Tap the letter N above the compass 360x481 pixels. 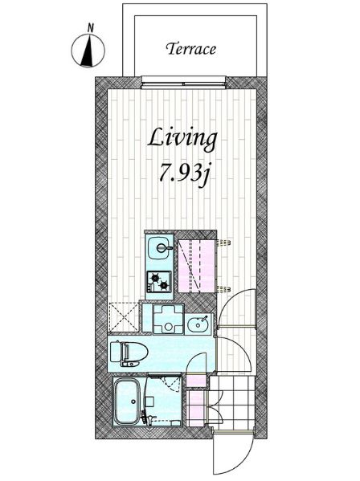(90, 28)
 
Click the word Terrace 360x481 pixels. (191, 49)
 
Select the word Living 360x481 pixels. (182, 139)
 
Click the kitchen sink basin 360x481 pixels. (160, 248)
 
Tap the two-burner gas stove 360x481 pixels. (158, 282)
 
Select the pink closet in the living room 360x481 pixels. (196, 267)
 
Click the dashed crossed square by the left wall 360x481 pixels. (124, 316)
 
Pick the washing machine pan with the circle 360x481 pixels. (168, 319)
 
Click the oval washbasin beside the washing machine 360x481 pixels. (198, 324)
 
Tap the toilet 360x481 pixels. (129, 353)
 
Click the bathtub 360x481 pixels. (127, 401)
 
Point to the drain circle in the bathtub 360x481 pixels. (133, 402)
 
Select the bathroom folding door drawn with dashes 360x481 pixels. (170, 383)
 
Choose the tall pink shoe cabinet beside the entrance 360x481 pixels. (195, 408)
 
